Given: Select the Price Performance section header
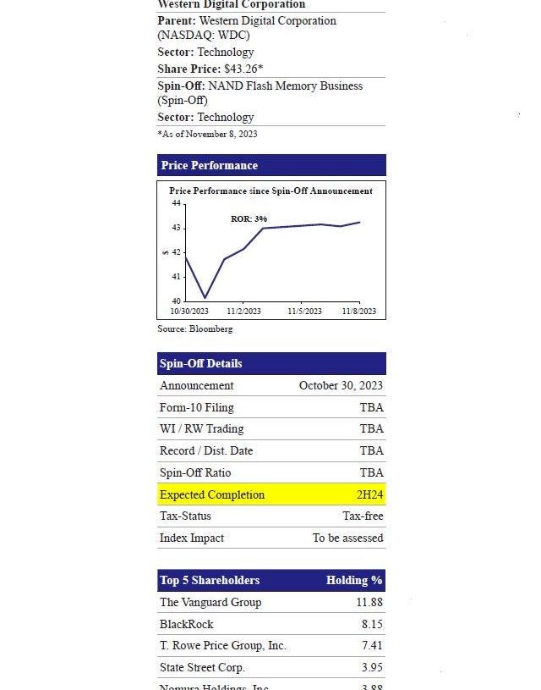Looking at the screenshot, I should (x=210, y=165).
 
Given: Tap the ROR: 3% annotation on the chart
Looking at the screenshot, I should (x=249, y=219).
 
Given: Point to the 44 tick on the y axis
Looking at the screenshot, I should (x=176, y=203).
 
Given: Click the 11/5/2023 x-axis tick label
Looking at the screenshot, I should (x=304, y=311).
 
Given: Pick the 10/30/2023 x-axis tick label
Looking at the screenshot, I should (x=189, y=311).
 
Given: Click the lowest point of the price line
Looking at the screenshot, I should (x=205, y=297).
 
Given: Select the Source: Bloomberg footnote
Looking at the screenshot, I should (x=194, y=328).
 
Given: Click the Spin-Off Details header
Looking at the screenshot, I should (x=201, y=363).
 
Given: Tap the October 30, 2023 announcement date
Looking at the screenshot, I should (x=341, y=385).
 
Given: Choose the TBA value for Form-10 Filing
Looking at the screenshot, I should (x=371, y=407).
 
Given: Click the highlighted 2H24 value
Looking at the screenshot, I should (x=369, y=494).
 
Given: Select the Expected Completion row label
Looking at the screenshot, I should (x=212, y=494).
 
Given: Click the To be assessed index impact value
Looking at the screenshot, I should (x=347, y=538).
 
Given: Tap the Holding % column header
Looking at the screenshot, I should (x=354, y=580).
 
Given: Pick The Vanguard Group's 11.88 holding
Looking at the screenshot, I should (x=369, y=602).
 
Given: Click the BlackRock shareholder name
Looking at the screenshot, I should (x=186, y=624).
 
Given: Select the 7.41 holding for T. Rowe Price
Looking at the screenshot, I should (x=371, y=645).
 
